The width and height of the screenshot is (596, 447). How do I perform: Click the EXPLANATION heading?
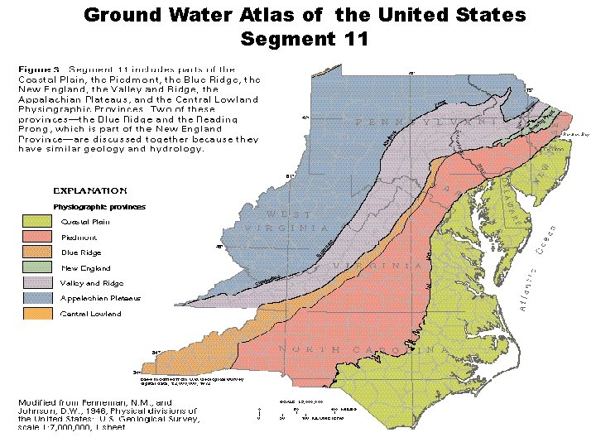(90, 190)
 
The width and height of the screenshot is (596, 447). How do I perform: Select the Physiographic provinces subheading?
(99, 206)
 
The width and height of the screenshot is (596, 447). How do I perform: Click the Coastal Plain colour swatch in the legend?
(37, 221)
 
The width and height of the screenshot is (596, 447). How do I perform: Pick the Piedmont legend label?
(79, 237)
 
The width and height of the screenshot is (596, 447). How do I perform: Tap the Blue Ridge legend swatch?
(37, 252)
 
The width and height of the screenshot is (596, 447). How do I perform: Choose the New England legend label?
(85, 268)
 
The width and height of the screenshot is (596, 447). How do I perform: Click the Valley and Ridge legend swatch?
(37, 283)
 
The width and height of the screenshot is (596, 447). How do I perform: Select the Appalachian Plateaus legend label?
(100, 298)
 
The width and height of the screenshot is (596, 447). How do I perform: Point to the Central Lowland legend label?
(91, 314)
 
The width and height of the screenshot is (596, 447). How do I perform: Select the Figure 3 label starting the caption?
(40, 70)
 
